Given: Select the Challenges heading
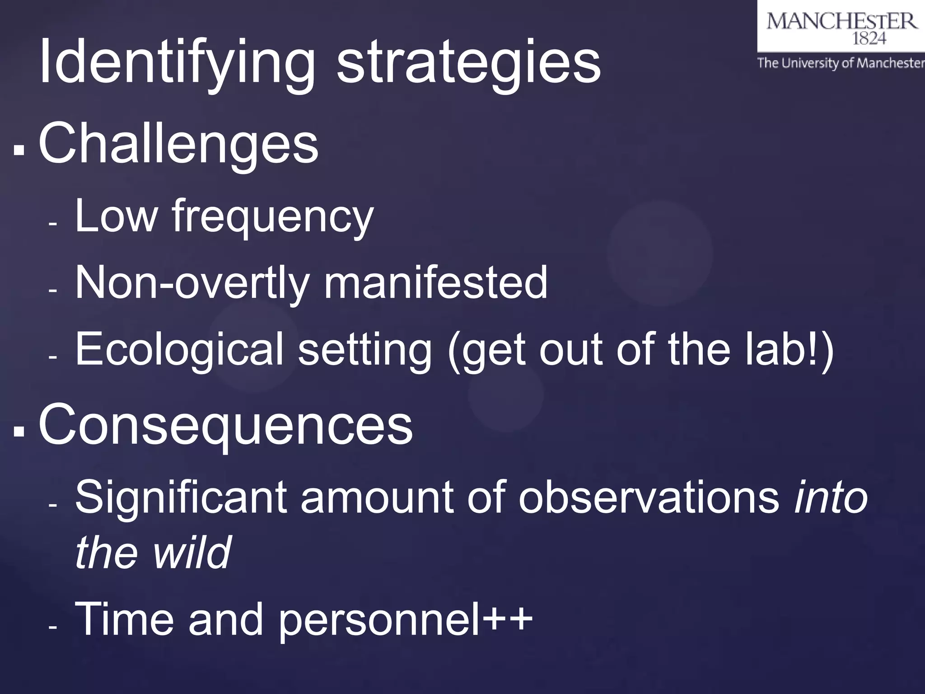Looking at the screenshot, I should click(x=178, y=145).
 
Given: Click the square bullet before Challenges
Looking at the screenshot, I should click(x=19, y=150).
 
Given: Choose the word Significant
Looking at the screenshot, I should click(x=181, y=497).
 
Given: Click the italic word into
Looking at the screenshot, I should click(x=831, y=497).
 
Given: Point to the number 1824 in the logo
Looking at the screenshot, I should click(x=869, y=39).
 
